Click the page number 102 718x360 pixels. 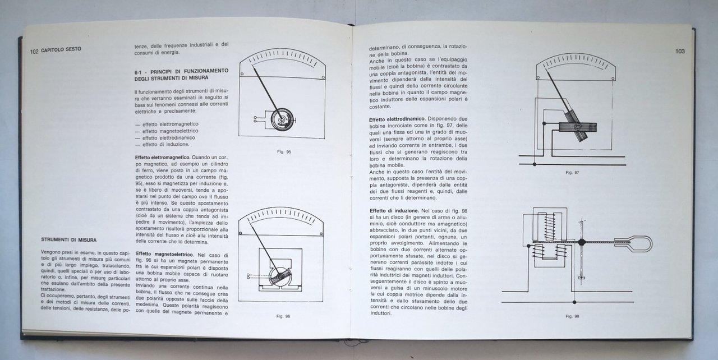point(34,50)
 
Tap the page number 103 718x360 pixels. point(680,52)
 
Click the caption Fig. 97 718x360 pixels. point(572,173)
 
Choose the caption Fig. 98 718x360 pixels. point(572,316)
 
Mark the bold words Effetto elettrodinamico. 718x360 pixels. point(397,119)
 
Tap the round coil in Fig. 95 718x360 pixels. point(279,119)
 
